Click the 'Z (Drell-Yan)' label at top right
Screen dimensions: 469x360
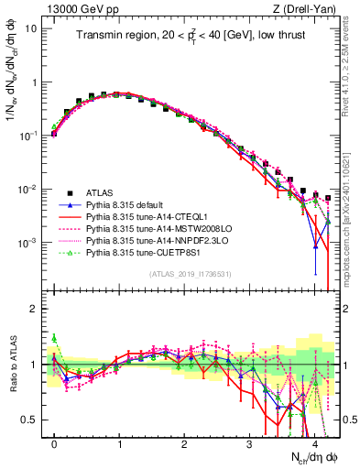[x=298, y=8]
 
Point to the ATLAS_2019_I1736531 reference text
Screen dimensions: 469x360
[x=190, y=274]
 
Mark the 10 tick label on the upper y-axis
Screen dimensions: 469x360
[x=33, y=27]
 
